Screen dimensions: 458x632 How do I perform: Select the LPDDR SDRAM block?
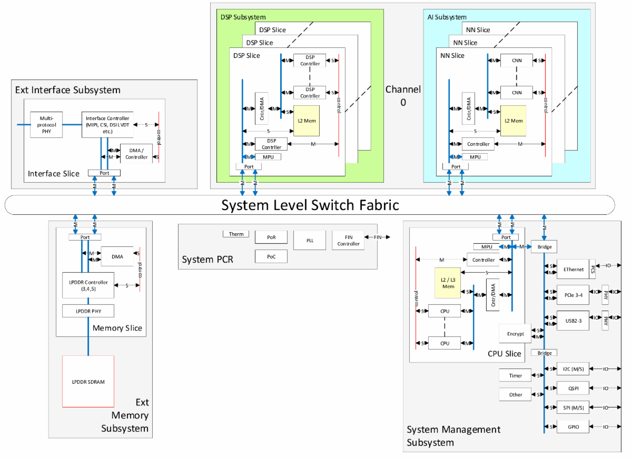tap(88, 381)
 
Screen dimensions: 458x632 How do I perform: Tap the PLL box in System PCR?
tap(310, 240)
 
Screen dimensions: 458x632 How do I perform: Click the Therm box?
tap(236, 234)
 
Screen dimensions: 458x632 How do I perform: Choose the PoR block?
tap(271, 237)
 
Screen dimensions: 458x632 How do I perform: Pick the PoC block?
tap(271, 256)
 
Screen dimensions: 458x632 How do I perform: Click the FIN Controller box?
tap(348, 240)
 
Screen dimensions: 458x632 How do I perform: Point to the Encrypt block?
tap(515, 333)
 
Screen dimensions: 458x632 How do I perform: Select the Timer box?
tap(516, 375)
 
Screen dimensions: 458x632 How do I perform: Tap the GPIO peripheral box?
tap(574, 427)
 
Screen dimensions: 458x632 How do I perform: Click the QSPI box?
tap(574, 389)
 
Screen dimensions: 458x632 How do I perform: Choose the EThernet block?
tap(574, 269)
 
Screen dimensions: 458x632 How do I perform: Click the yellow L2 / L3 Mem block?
tap(448, 283)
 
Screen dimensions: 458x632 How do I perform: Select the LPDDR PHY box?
tap(88, 311)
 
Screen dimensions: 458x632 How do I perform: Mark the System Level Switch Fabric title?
tap(310, 205)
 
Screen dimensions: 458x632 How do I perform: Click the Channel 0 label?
tap(403, 95)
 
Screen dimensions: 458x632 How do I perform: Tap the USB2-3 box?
tap(574, 320)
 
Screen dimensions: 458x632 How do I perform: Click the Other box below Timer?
tap(516, 394)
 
